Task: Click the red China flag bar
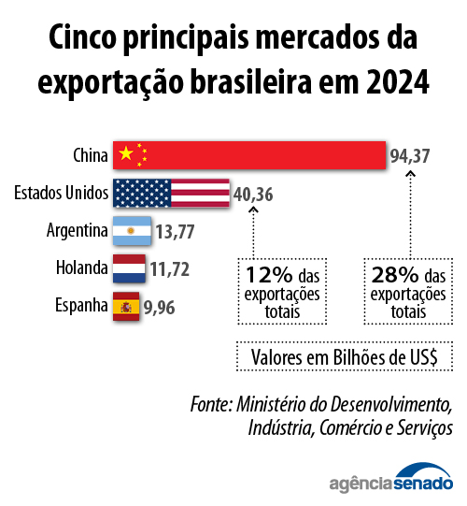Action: (249, 155)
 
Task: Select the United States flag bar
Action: (171, 194)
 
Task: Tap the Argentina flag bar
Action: (131, 230)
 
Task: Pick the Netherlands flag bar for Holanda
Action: (128, 269)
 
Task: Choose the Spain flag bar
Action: (126, 306)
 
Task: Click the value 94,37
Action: (410, 156)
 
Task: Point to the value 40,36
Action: (253, 195)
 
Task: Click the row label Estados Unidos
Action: (61, 194)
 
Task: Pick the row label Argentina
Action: (76, 230)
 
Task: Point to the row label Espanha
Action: (78, 306)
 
